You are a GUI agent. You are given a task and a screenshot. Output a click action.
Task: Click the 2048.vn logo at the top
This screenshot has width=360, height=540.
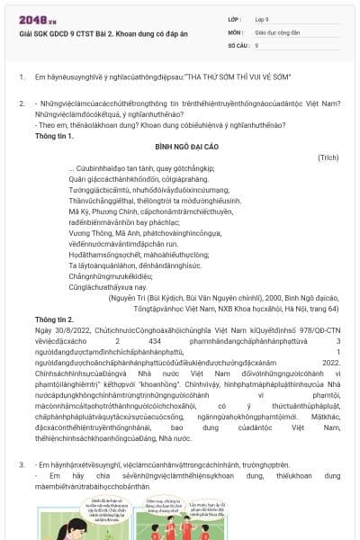(37, 19)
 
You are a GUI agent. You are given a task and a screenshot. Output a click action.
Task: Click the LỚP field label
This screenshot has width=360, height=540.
(237, 18)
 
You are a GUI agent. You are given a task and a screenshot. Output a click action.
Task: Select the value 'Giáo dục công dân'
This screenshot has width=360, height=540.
(280, 31)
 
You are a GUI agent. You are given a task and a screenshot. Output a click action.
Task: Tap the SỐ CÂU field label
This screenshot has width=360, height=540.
(239, 43)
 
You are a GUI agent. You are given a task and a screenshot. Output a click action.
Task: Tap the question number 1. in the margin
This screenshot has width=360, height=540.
(21, 77)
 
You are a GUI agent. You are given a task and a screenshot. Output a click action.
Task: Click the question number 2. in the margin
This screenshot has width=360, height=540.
(21, 104)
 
